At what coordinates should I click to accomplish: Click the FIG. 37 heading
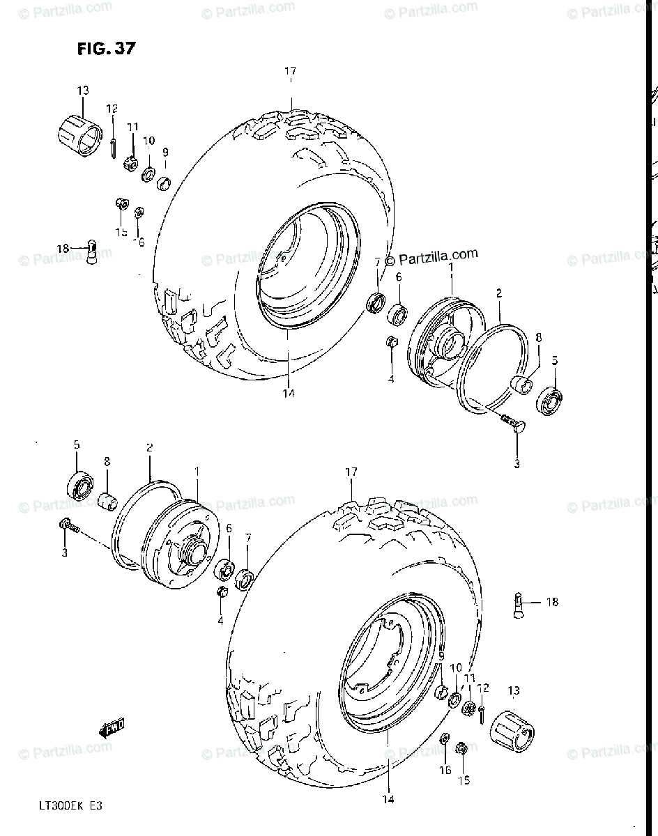point(107,49)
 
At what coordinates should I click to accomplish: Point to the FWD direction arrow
point(112,728)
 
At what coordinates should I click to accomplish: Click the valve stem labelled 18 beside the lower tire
point(520,603)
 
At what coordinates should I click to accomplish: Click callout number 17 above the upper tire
point(291,71)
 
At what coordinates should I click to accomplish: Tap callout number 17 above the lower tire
point(351,472)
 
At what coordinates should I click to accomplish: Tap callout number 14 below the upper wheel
point(288,394)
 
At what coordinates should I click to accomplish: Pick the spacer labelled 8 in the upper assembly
point(522,382)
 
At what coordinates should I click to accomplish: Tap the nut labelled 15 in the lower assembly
point(461,749)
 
